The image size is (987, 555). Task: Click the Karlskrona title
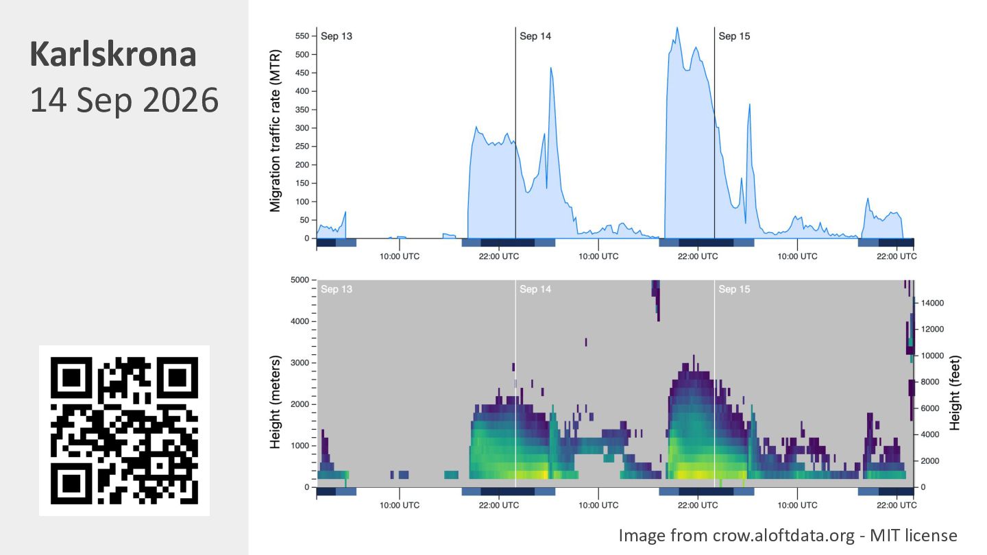click(x=113, y=55)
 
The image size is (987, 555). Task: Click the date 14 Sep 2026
click(x=124, y=100)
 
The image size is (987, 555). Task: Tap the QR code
click(x=124, y=430)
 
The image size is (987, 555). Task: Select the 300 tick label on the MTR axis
click(x=302, y=128)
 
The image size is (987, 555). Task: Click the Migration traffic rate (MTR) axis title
click(x=275, y=131)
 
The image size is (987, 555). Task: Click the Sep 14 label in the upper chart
click(x=535, y=36)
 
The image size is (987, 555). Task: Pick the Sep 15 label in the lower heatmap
click(x=734, y=289)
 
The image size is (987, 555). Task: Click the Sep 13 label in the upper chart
click(x=337, y=36)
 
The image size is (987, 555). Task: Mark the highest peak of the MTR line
click(x=677, y=27)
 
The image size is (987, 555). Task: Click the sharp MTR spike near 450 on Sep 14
click(x=551, y=68)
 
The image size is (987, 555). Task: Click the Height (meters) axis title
click(x=275, y=402)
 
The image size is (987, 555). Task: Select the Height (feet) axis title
click(x=954, y=393)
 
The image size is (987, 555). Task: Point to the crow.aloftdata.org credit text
click(x=788, y=536)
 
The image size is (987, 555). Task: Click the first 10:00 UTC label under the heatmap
click(x=400, y=505)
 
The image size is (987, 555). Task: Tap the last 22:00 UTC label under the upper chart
click(x=897, y=256)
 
